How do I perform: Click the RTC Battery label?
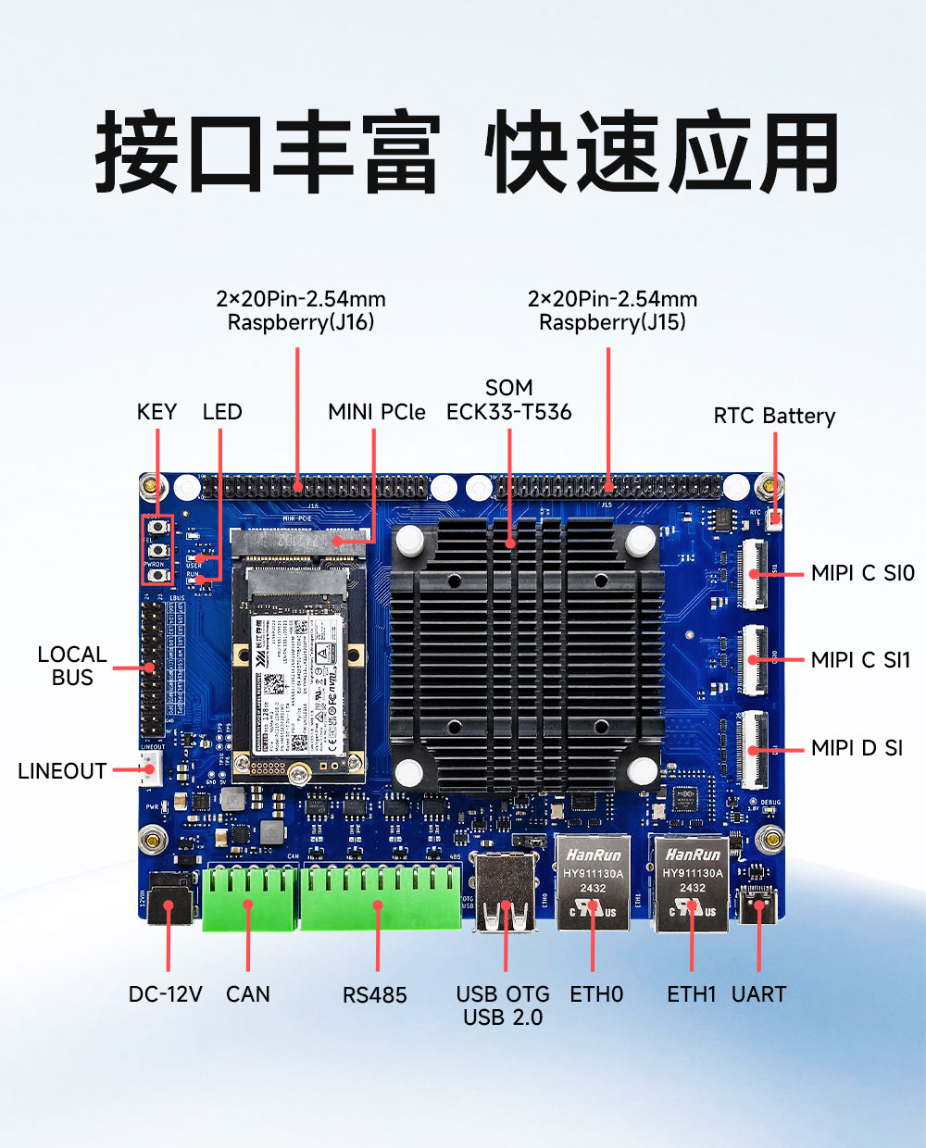774,417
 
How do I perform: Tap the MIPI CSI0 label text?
862,573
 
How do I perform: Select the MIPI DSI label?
857,748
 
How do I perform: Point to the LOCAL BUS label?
71,666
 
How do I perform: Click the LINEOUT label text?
62,771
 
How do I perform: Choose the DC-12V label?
165,994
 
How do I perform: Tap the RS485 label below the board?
375,995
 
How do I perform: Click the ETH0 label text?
596,994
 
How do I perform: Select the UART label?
758,994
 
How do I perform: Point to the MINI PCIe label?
376,412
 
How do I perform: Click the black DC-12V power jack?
169,898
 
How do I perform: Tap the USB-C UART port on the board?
757,904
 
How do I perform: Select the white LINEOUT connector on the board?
150,768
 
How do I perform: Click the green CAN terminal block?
250,896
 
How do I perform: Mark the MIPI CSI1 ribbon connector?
753,660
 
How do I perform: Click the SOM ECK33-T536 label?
508,400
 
